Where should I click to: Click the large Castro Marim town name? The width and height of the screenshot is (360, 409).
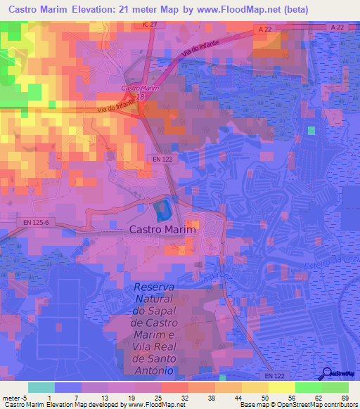click(162, 229)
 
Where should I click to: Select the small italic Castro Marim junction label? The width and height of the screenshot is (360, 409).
click(139, 88)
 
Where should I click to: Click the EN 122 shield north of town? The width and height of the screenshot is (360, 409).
click(162, 160)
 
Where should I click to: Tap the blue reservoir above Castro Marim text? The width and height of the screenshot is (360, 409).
click(162, 209)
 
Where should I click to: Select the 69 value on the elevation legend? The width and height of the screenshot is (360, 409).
click(345, 398)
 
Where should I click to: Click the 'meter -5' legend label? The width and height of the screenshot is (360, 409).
click(15, 398)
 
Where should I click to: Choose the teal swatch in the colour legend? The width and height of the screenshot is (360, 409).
click(41, 387)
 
